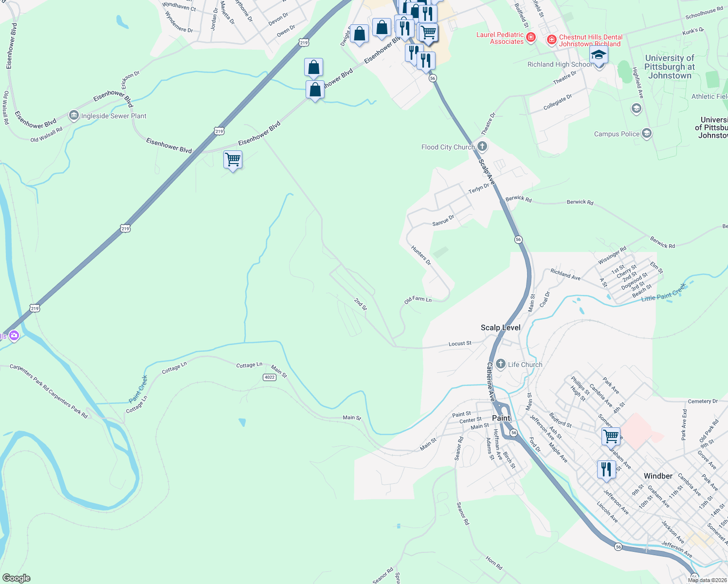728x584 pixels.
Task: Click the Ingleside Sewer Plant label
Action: click(113, 116)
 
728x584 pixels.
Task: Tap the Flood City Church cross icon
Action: click(482, 146)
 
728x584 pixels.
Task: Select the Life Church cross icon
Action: click(501, 364)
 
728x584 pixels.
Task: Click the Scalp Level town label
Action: click(500, 328)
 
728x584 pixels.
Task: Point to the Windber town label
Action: click(658, 476)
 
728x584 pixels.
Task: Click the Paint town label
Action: click(501, 418)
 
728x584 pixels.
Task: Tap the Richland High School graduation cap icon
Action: click(599, 55)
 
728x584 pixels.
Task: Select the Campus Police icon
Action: click(647, 133)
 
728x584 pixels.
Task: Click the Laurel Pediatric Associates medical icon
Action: click(531, 37)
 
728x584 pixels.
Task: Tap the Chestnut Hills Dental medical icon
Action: click(552, 39)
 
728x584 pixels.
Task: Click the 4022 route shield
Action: click(269, 377)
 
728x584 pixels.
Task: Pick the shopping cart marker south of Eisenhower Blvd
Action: click(233, 160)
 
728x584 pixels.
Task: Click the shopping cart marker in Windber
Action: click(611, 436)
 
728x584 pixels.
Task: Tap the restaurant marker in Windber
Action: click(606, 469)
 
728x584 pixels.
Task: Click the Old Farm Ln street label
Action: click(418, 299)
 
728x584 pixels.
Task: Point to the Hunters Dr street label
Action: click(421, 255)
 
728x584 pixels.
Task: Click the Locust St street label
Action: click(459, 344)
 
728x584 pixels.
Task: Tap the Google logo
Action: click(16, 578)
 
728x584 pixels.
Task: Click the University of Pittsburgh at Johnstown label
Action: click(670, 67)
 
